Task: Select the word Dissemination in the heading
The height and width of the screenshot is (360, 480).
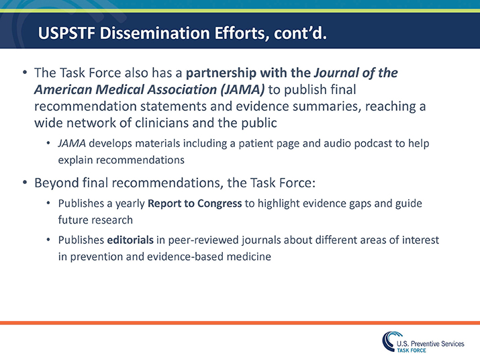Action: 146,33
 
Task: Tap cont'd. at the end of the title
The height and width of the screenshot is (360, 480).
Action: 301,33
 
